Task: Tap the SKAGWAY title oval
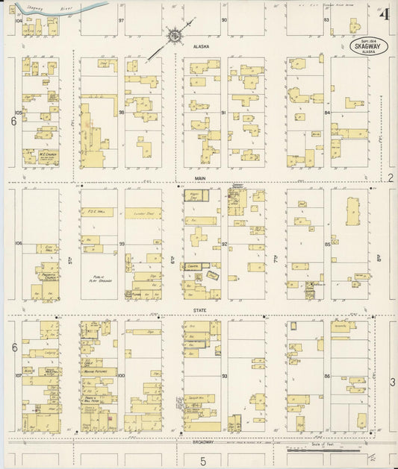[x=366, y=46]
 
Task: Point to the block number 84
[x=327, y=113]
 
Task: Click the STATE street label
[x=199, y=309]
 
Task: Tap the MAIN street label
[x=199, y=178]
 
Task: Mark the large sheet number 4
[x=385, y=15]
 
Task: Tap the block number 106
[x=18, y=243]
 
